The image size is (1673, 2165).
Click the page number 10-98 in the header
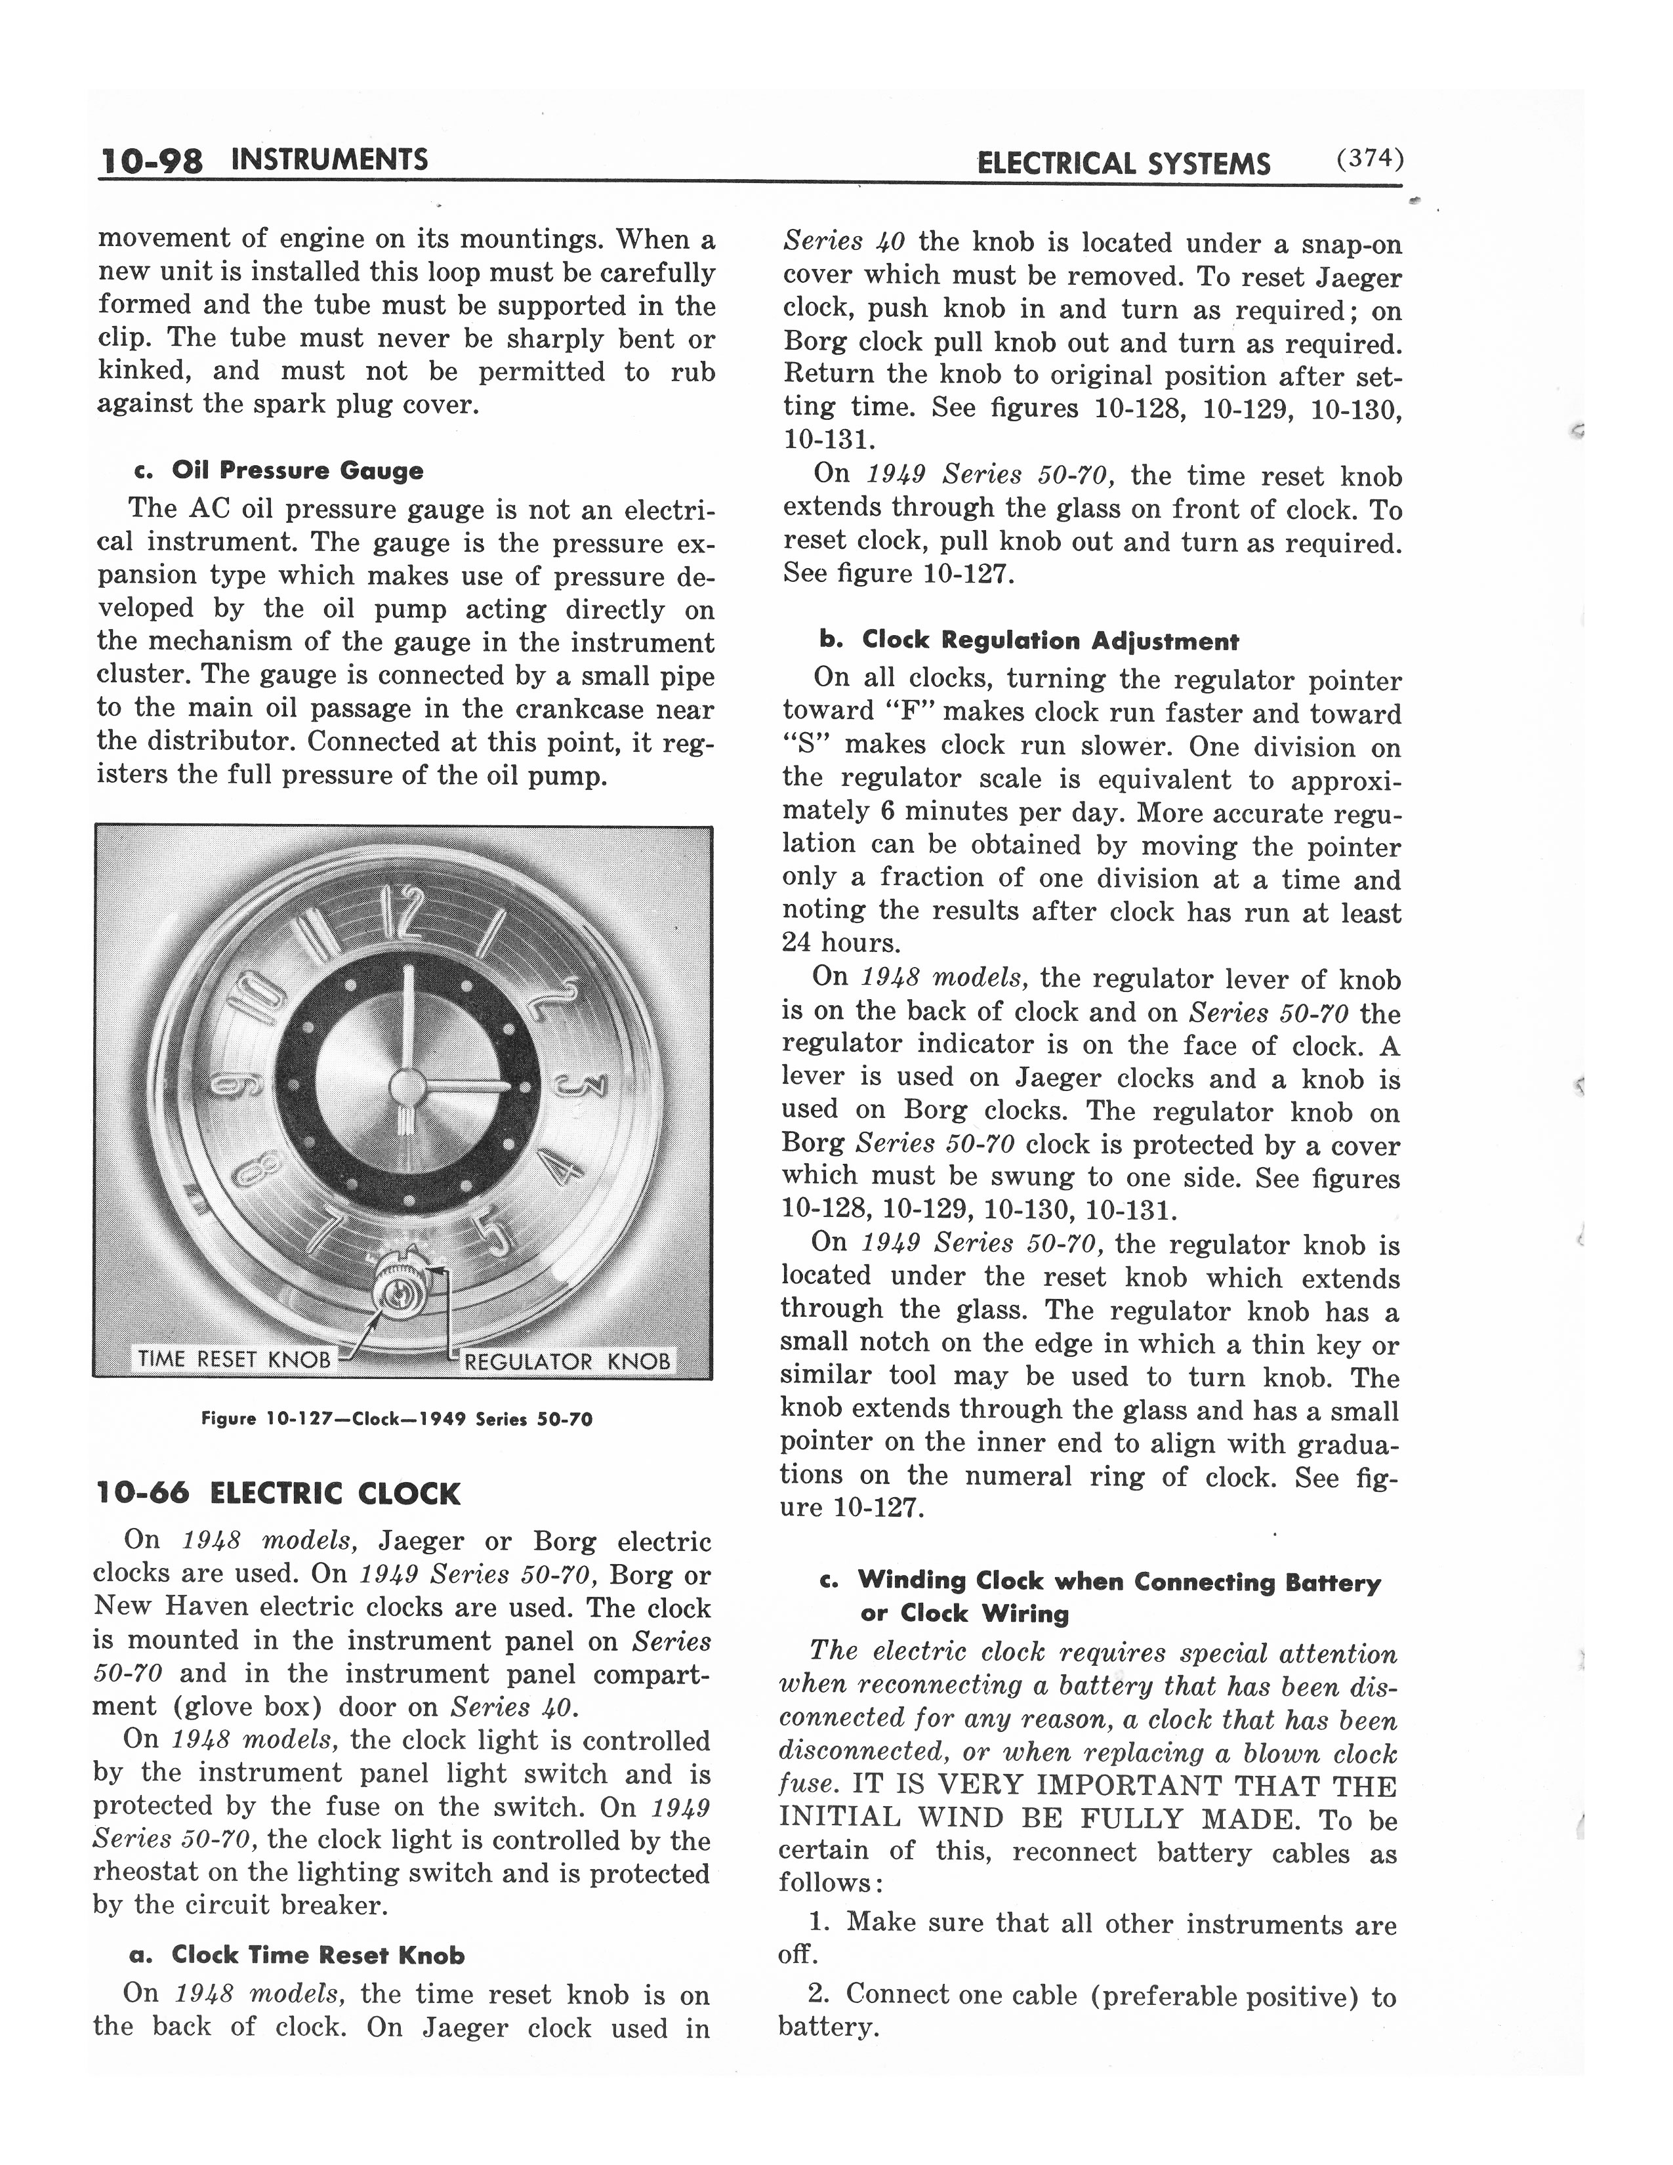pos(151,161)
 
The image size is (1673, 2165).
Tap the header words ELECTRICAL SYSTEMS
pos(1123,163)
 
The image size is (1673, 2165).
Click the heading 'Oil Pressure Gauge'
pos(297,471)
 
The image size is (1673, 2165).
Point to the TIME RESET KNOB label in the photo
pos(233,1359)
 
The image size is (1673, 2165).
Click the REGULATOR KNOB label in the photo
pos(567,1361)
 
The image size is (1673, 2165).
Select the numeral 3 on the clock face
pos(581,1086)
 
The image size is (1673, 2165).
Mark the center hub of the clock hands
pos(406,1086)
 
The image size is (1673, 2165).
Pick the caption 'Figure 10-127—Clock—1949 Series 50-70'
pos(396,1418)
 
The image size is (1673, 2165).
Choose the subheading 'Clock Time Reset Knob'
pos(317,1955)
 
